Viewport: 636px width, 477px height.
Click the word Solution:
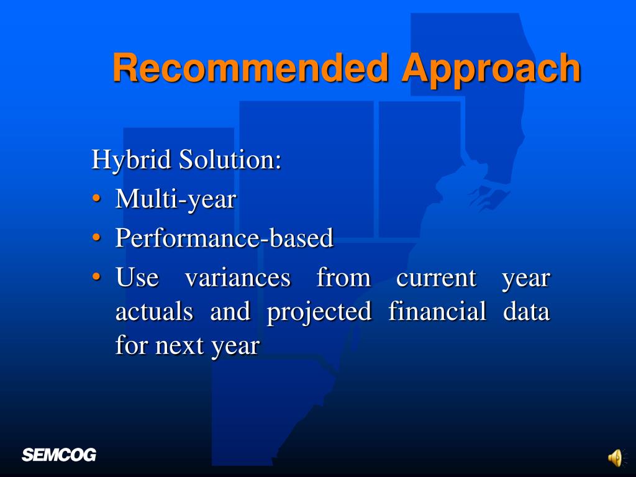pos(230,159)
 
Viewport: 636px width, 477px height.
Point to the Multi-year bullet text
pos(176,199)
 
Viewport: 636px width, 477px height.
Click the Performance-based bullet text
pos(224,237)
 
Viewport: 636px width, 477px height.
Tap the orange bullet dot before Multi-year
pos(96,199)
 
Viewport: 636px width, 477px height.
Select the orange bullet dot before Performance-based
pos(96,237)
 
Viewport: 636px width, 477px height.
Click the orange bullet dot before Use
pos(96,276)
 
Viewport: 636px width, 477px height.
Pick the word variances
pos(238,278)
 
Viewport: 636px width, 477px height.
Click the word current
pos(436,278)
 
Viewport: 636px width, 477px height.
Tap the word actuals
pos(154,312)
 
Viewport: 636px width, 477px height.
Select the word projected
pos(319,312)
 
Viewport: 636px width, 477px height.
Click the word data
pos(526,312)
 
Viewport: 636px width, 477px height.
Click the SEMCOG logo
pos(59,455)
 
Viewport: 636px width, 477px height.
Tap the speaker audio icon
pos(616,458)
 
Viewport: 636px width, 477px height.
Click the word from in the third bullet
pos(343,278)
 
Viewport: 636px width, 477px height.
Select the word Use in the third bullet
pos(137,278)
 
